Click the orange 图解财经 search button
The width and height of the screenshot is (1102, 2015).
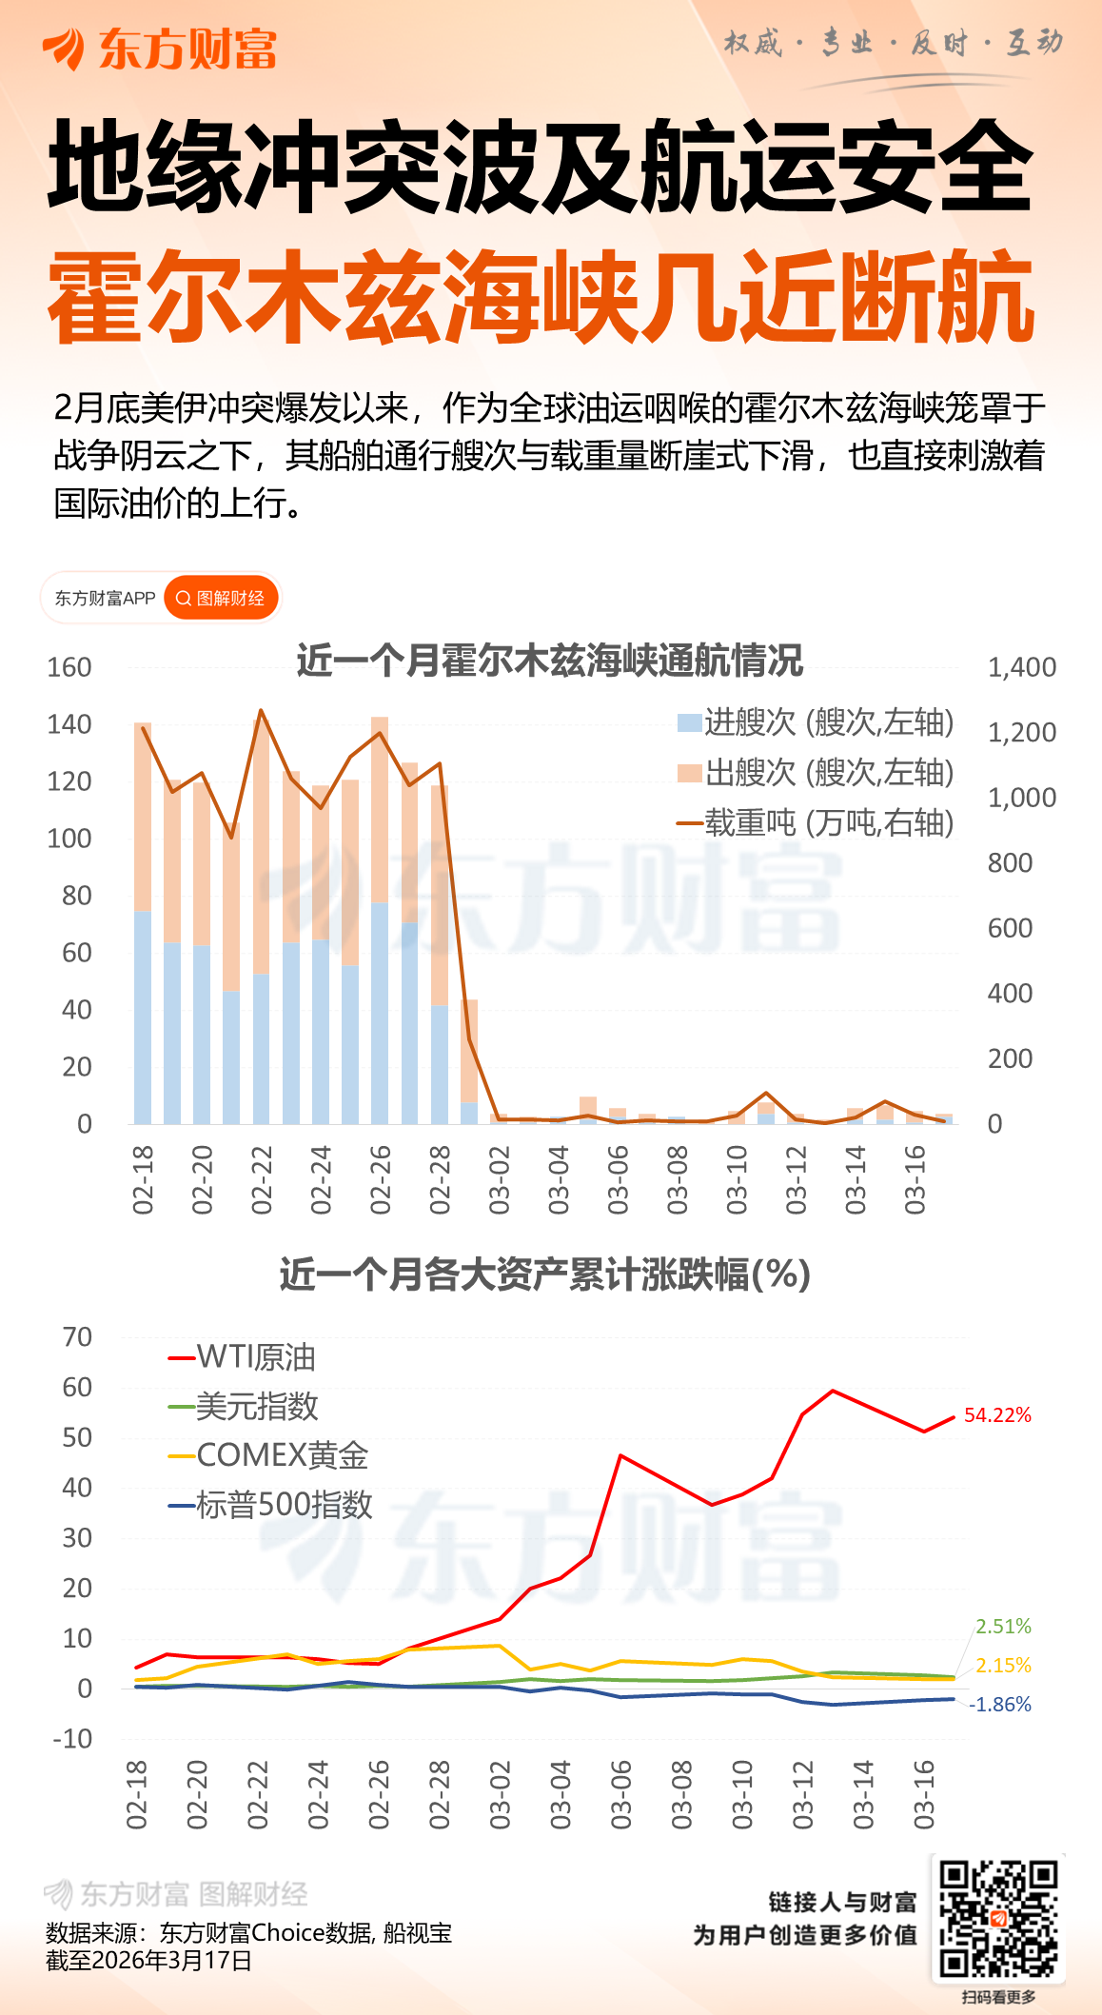(x=222, y=598)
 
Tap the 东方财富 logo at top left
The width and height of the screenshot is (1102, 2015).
(x=160, y=49)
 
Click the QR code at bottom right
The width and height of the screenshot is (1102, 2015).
(x=998, y=1919)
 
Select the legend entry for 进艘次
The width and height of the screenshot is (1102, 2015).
(x=816, y=722)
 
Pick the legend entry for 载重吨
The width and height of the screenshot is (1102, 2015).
(x=816, y=822)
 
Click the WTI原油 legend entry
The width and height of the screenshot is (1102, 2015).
(x=243, y=1357)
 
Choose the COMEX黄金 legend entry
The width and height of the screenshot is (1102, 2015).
(x=268, y=1455)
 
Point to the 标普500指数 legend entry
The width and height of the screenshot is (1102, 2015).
(x=270, y=1505)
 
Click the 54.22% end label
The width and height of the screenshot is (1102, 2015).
(x=997, y=1415)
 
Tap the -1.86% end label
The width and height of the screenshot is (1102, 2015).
(x=999, y=1705)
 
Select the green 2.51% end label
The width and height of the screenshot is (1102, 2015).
(x=1003, y=1627)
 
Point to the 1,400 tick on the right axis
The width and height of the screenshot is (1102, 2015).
(x=1021, y=667)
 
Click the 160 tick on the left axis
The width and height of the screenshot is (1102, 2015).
(x=69, y=667)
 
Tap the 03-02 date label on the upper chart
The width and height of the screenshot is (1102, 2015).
(x=500, y=1180)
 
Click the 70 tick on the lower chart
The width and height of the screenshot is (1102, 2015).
(x=77, y=1337)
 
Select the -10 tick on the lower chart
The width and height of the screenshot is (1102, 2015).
(x=72, y=1739)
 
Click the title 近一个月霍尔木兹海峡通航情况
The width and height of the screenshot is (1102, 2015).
(x=550, y=660)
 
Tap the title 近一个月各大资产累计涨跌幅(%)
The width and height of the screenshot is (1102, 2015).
(x=545, y=1274)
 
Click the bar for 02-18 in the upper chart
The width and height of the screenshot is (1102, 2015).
(x=143, y=923)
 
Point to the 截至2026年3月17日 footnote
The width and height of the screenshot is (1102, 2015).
(x=149, y=1960)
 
